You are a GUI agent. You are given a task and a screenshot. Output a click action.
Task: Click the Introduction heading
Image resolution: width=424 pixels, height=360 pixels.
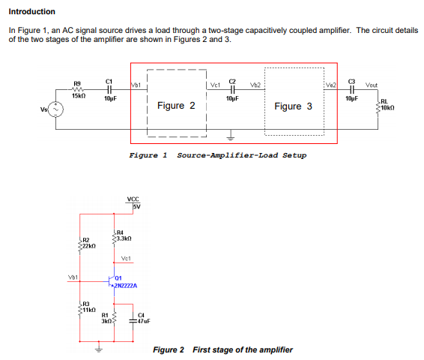tap(31, 11)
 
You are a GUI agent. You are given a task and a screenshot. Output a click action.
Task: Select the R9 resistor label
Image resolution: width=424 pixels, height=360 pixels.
tap(77, 83)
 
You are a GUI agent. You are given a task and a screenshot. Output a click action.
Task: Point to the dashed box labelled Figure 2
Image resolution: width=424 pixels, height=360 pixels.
tap(176, 106)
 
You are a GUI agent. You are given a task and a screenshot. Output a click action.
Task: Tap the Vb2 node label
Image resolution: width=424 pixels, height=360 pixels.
tap(255, 84)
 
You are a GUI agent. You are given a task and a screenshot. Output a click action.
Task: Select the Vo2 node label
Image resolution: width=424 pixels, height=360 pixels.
tap(332, 84)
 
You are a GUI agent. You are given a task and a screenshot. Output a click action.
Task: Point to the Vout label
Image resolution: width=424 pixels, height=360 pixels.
tap(372, 84)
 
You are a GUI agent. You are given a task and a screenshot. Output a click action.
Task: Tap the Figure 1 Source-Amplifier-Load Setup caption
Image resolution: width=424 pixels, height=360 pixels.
tap(217, 155)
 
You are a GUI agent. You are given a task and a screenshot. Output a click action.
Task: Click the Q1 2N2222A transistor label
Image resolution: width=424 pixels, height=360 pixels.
tap(124, 283)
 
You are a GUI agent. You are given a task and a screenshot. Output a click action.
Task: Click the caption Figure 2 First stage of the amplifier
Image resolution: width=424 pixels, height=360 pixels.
tap(222, 349)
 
